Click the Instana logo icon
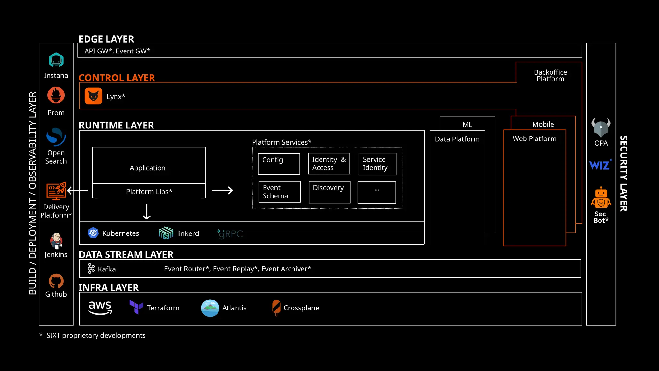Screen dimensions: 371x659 click(x=56, y=60)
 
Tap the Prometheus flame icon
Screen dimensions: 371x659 click(x=56, y=95)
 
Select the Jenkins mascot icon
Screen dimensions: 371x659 click(x=56, y=241)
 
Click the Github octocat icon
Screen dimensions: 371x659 click(x=56, y=281)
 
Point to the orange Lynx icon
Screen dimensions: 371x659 click(x=93, y=96)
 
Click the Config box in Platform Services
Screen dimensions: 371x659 click(x=279, y=164)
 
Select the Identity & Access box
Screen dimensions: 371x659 click(x=329, y=164)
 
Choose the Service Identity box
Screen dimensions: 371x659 click(x=378, y=164)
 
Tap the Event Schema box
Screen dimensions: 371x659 click(x=279, y=192)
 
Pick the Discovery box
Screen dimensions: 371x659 click(x=329, y=192)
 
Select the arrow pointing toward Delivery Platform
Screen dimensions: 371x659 click(x=77, y=191)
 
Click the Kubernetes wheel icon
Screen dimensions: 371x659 click(x=93, y=233)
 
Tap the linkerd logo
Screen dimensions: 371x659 click(x=166, y=233)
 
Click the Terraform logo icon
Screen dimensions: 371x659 click(x=136, y=307)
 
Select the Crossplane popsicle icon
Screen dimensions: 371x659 click(x=276, y=308)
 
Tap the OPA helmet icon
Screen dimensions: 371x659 click(x=601, y=128)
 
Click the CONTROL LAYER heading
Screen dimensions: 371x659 click(x=117, y=78)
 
